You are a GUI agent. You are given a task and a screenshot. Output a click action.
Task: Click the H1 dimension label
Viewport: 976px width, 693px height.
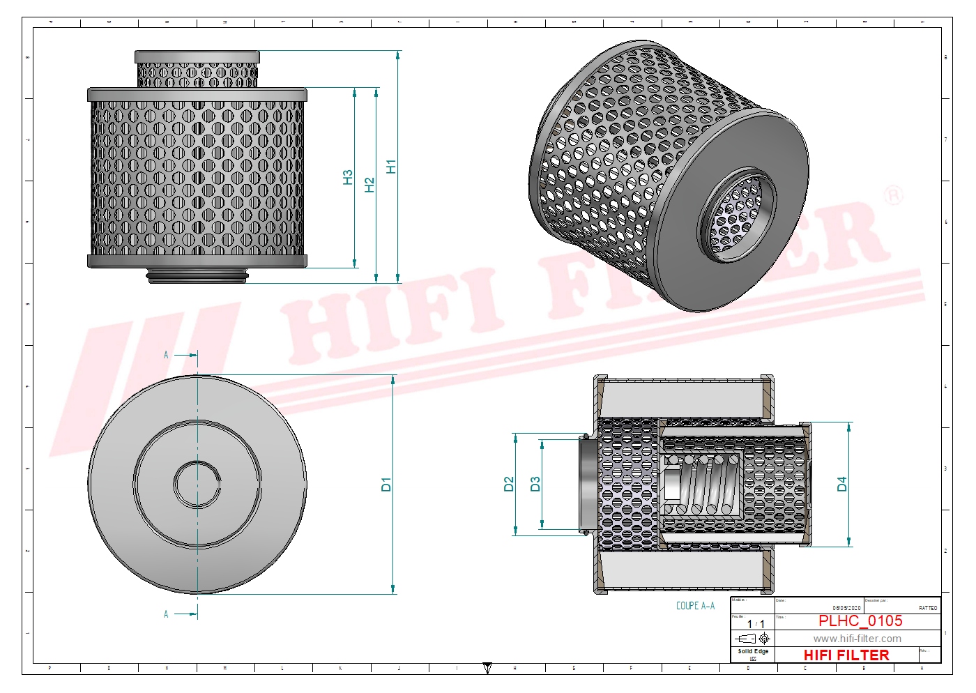[x=391, y=167]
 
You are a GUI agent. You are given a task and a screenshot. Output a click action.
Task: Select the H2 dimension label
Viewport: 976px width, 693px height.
[x=369, y=185]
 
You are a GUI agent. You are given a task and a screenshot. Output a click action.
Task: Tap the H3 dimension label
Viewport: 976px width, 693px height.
[x=348, y=177]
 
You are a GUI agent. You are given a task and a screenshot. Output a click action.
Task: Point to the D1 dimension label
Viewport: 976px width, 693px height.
[x=386, y=485]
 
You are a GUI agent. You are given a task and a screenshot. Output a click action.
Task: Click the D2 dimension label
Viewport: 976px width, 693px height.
[x=509, y=484]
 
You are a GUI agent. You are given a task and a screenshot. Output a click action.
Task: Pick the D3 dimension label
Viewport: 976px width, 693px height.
[x=535, y=484]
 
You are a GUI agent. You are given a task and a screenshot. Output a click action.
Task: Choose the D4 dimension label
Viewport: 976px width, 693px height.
[x=842, y=484]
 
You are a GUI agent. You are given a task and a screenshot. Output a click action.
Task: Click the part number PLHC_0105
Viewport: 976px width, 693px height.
[x=860, y=621]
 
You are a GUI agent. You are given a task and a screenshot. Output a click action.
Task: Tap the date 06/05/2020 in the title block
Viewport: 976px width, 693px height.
[x=846, y=608]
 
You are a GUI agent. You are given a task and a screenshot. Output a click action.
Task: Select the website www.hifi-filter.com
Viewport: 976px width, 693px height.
[x=857, y=639]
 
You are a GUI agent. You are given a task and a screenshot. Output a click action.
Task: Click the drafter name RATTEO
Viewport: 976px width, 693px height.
[x=928, y=608]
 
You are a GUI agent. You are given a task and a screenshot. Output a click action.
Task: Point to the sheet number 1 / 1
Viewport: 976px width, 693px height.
[x=756, y=624]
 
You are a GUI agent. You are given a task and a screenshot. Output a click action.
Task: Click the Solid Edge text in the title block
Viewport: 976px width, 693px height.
[x=753, y=651]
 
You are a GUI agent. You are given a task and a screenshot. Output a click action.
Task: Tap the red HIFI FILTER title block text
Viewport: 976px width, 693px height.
[x=846, y=655]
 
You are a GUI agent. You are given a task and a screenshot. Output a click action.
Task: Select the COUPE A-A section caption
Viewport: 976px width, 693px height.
[x=695, y=606]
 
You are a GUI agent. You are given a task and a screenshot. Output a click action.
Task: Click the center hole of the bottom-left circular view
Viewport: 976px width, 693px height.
[x=197, y=485]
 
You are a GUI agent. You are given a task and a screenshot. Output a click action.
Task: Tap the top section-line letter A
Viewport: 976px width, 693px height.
[x=166, y=355]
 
